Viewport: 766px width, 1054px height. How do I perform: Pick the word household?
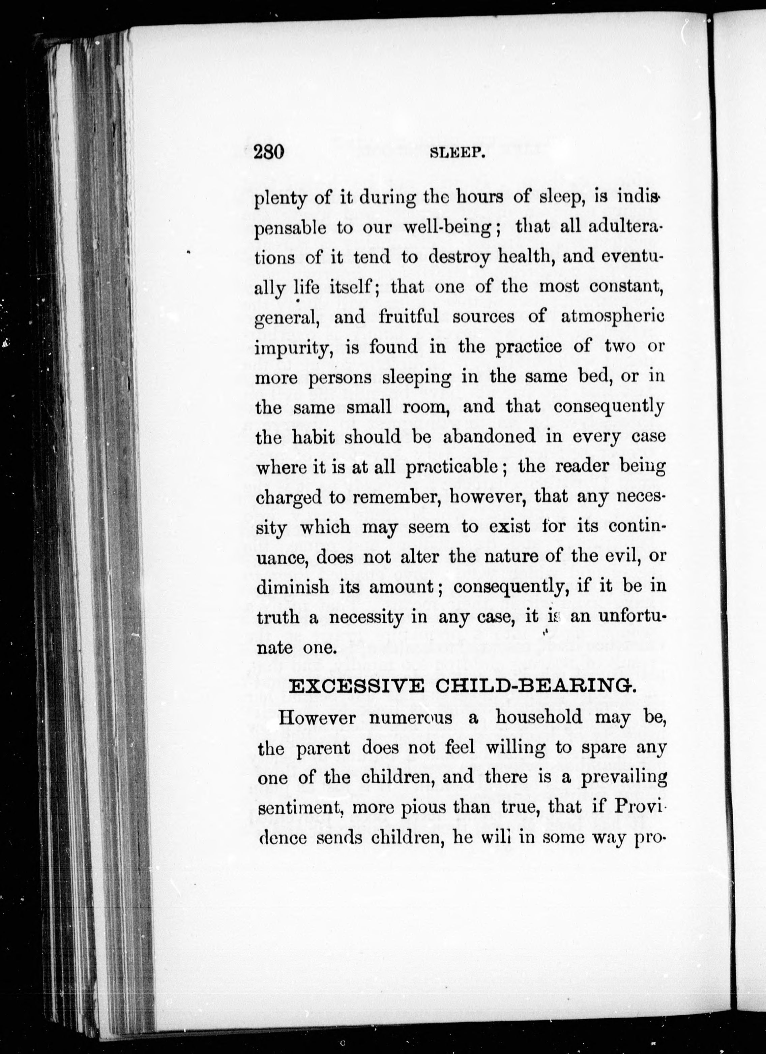(x=538, y=717)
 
